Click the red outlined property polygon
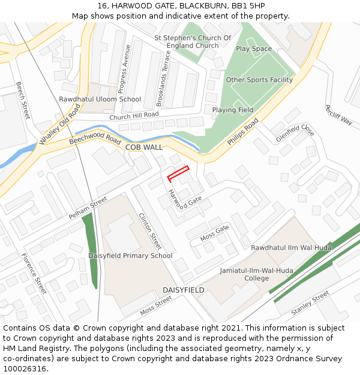178,173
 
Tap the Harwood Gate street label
184,201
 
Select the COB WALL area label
144,147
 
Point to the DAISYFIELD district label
184,290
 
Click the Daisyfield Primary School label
130,256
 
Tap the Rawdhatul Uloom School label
100,100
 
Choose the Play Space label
254,49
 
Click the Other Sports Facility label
259,80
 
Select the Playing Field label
233,110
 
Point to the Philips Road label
243,131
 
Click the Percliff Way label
338,115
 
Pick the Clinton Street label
150,232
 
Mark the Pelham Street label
88,207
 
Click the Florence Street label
34,274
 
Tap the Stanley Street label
310,303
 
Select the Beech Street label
23,100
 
